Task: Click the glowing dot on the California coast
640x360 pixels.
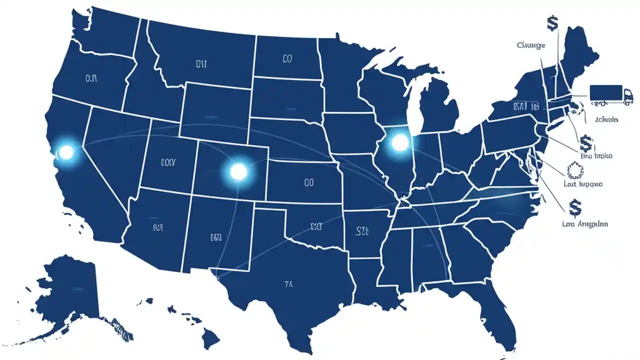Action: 65,151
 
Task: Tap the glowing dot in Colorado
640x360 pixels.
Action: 238,171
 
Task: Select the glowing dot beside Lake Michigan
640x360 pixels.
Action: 399,143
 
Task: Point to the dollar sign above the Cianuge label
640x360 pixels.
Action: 552,22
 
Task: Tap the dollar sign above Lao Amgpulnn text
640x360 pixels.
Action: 574,205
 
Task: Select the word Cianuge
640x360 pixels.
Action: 531,45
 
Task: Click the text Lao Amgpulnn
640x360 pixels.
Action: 585,224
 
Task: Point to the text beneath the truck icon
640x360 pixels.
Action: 606,119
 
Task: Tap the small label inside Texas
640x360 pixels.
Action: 288,284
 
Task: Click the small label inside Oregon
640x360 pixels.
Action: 91,78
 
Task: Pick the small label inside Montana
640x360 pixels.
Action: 200,64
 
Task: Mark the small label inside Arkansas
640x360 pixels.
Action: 362,230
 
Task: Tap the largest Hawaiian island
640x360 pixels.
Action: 211,340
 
